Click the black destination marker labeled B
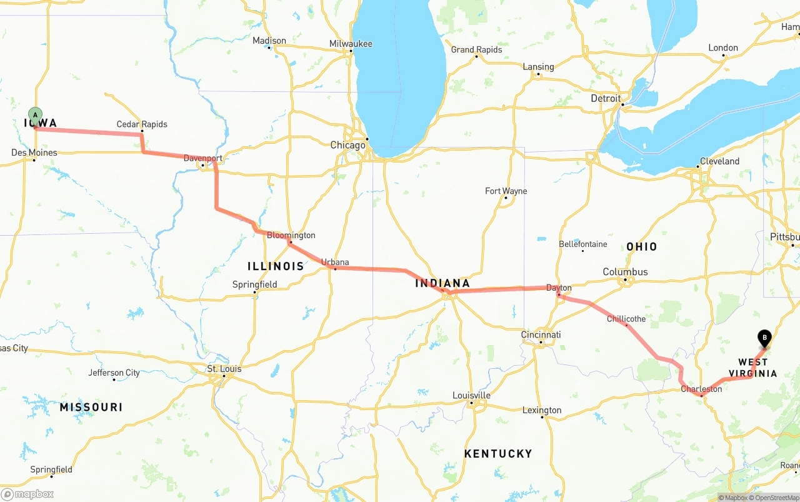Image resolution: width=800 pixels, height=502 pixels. coord(764,338)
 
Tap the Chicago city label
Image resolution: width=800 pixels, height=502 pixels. coord(347,145)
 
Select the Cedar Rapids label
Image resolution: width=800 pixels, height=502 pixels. coord(142,124)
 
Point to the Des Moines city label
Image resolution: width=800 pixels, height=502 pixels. coord(34,153)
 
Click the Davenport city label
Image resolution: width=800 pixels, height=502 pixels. coord(202,158)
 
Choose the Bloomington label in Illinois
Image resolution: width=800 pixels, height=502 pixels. coord(291,235)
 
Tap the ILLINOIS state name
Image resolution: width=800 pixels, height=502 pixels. coord(276,266)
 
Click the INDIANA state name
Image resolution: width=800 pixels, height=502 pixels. coord(442,283)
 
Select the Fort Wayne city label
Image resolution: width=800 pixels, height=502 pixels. coord(506,191)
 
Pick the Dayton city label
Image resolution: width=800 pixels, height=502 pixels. coord(559,288)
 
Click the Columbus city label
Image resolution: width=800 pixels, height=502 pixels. coord(625,272)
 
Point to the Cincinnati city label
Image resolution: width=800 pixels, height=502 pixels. coord(541,334)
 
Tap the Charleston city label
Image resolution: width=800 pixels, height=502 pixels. coord(701,389)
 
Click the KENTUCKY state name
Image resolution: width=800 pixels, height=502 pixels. coord(497,453)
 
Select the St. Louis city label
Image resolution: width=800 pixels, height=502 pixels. coord(224,369)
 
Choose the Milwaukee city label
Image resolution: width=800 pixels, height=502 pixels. coord(351,44)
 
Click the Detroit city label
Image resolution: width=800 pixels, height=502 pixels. coord(606,98)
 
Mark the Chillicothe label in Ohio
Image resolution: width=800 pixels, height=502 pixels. coord(626,319)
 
